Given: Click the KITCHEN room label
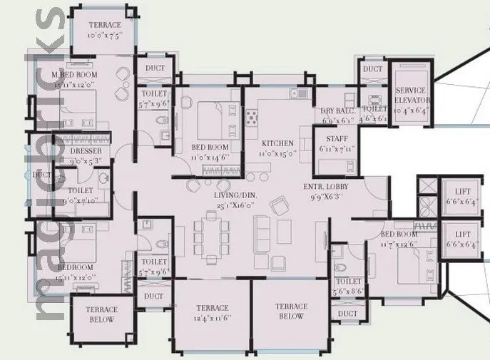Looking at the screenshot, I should (277, 143).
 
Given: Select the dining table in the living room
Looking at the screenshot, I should (211, 233).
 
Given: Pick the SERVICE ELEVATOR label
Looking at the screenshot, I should (410, 96).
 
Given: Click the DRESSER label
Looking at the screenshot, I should (86, 152).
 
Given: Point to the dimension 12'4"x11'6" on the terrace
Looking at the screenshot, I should (212, 318).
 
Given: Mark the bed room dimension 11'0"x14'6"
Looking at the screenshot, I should (210, 157).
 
